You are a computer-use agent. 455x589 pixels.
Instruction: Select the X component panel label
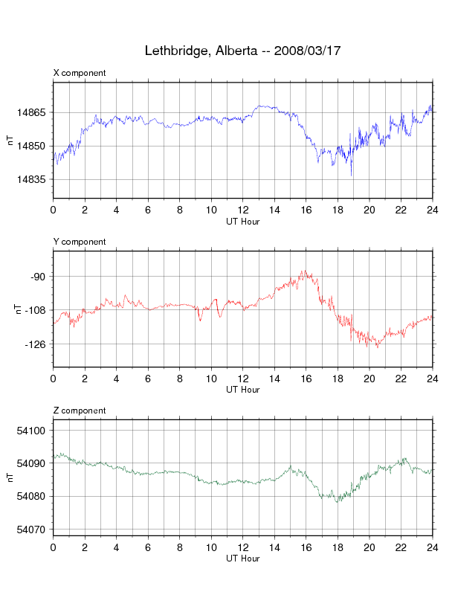pos(80,73)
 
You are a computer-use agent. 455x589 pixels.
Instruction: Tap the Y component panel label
pos(80,242)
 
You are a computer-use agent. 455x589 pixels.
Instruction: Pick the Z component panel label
pos(80,411)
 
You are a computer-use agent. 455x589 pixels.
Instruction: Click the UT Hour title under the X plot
pos(242,221)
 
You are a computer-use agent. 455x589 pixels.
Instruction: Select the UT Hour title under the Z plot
pos(242,559)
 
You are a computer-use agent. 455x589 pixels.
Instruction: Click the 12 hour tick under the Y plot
pos(242,379)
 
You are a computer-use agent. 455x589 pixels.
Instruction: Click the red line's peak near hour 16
pos(303,271)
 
